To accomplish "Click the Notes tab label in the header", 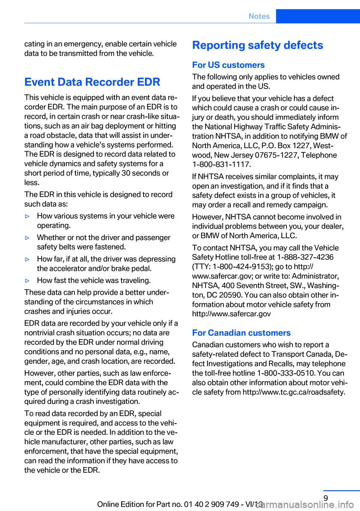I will coord(259,16).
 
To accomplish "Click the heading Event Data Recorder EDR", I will coord(92,82).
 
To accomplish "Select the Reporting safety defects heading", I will coord(258,45).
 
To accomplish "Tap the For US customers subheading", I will coord(228,65).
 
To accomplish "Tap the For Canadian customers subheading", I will coord(241,333).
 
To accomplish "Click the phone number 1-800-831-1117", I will coord(221,164).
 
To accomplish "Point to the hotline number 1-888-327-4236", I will coord(305,257).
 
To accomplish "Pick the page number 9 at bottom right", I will coord(325,498).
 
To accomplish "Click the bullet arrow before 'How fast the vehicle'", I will coord(27,281).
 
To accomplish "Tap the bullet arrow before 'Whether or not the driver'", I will coord(27,238).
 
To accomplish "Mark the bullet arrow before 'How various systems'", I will coord(27,216).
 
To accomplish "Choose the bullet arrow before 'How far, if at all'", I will coord(27,259).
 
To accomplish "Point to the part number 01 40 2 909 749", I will coord(211,504).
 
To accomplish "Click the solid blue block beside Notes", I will coord(318,16).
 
